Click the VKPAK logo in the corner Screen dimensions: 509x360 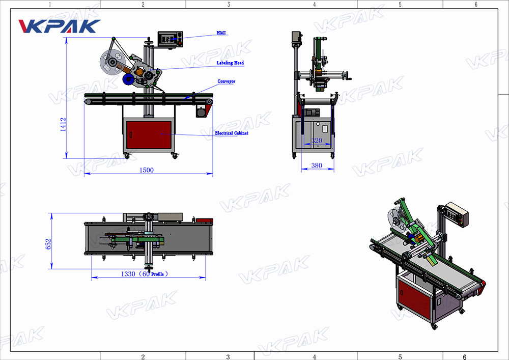(59, 26)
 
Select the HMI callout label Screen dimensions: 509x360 (221, 33)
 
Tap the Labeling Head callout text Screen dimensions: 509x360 (230, 63)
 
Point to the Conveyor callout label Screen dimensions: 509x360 (227, 81)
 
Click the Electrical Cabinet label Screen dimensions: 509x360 (232, 133)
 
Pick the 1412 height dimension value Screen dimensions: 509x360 (63, 124)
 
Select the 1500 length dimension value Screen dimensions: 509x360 (147, 170)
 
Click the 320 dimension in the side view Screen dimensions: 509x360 (317, 140)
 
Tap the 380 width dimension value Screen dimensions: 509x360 (317, 165)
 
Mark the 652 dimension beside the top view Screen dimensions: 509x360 (48, 244)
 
